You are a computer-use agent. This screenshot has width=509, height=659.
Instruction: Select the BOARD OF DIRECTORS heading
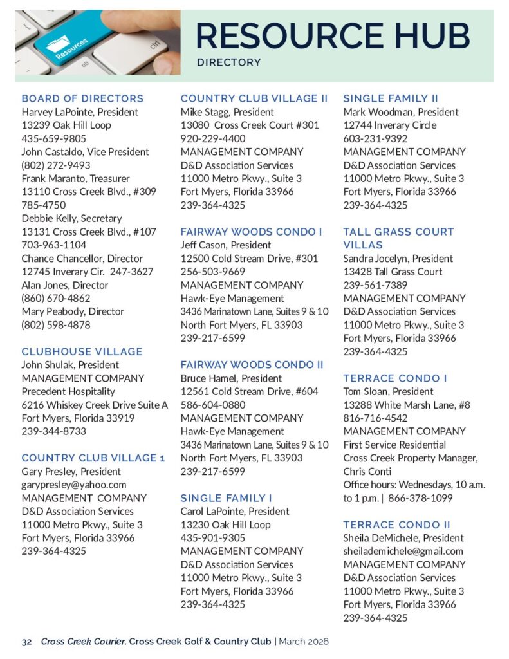point(82,98)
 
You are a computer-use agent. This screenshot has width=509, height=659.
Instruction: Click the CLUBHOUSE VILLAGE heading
point(82,351)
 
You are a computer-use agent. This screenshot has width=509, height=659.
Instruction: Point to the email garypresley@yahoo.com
point(74,485)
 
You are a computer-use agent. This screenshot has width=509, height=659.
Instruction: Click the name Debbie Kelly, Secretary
point(72,218)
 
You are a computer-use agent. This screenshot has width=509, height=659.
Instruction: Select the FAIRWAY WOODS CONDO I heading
point(252,232)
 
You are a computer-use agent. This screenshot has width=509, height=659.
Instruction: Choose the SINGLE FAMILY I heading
point(227,498)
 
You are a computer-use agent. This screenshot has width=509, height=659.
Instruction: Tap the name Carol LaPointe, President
point(234,511)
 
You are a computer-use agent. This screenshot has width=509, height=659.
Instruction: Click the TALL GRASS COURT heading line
point(398,232)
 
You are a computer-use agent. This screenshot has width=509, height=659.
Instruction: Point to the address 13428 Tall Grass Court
point(393,272)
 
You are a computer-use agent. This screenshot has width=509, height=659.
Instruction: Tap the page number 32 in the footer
point(26,641)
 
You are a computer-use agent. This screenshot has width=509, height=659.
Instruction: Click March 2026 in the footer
point(305,641)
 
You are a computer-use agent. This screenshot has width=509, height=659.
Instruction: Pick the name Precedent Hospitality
point(69,391)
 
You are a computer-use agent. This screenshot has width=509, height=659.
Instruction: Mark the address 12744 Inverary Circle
point(390,125)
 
